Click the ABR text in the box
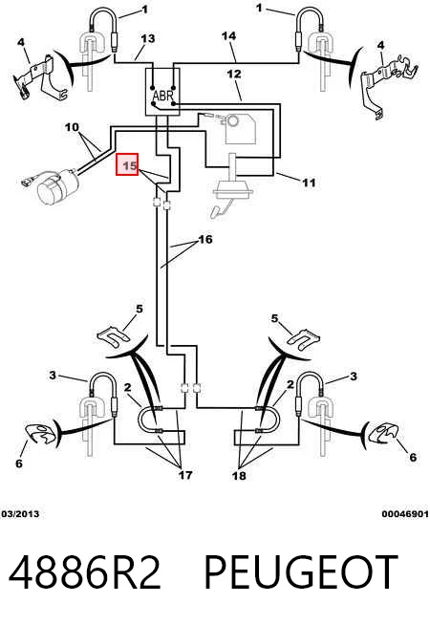163,96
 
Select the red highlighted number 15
127,164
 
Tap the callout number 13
147,38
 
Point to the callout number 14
228,36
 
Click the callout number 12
234,74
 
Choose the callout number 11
309,183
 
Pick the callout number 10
72,127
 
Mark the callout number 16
205,239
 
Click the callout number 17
185,475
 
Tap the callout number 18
239,475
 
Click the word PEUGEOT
301,571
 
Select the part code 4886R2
84,571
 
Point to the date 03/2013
20,514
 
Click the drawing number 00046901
405,514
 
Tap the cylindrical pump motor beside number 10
57,187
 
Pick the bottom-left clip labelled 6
40,434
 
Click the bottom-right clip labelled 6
384,432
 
